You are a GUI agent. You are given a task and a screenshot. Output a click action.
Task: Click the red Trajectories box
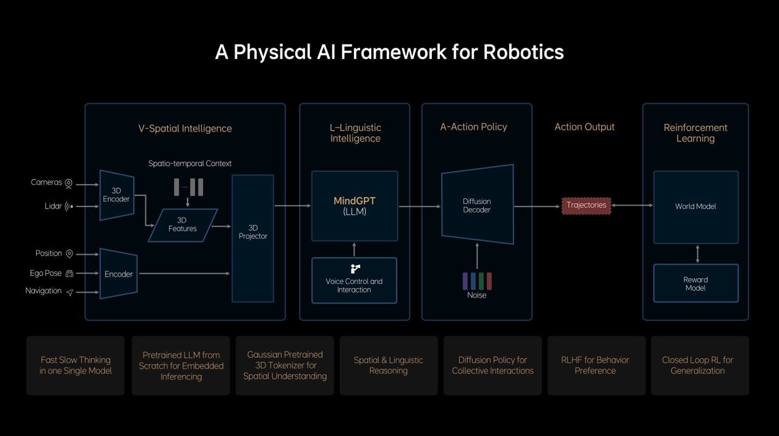pyautogui.click(x=586, y=205)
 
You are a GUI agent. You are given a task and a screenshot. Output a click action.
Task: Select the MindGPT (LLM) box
pyautogui.click(x=355, y=206)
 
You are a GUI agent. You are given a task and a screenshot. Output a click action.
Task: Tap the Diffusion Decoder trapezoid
pyautogui.click(x=477, y=205)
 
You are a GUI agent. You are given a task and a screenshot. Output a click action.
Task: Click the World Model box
pyautogui.click(x=695, y=207)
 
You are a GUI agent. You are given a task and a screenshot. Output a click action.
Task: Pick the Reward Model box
pyautogui.click(x=695, y=284)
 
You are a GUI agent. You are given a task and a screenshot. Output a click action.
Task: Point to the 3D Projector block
pyautogui.click(x=253, y=238)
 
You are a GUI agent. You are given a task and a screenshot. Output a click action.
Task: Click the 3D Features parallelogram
pyautogui.click(x=182, y=225)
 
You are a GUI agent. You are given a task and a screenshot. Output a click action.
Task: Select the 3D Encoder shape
pyautogui.click(x=117, y=195)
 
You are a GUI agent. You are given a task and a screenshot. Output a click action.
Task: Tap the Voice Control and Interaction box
pyautogui.click(x=354, y=280)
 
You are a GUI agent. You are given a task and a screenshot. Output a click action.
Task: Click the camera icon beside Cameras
pyautogui.click(x=69, y=184)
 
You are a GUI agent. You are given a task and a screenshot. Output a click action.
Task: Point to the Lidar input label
pyautogui.click(x=53, y=206)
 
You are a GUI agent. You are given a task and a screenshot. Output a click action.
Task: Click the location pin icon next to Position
pyautogui.click(x=69, y=254)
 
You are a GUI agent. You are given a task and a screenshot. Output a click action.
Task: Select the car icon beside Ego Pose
pyautogui.click(x=69, y=274)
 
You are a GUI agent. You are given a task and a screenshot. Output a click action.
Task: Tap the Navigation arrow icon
pyautogui.click(x=70, y=292)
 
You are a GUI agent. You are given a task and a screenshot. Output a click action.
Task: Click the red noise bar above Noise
pyautogui.click(x=489, y=281)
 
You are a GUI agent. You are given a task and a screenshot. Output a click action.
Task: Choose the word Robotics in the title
pyautogui.click(x=523, y=52)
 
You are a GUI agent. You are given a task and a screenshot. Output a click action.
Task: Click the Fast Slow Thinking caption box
pyautogui.click(x=76, y=365)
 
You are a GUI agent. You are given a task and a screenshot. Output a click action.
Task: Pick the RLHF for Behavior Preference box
pyautogui.click(x=595, y=365)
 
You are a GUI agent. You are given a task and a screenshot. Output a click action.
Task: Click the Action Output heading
pyautogui.click(x=584, y=127)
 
